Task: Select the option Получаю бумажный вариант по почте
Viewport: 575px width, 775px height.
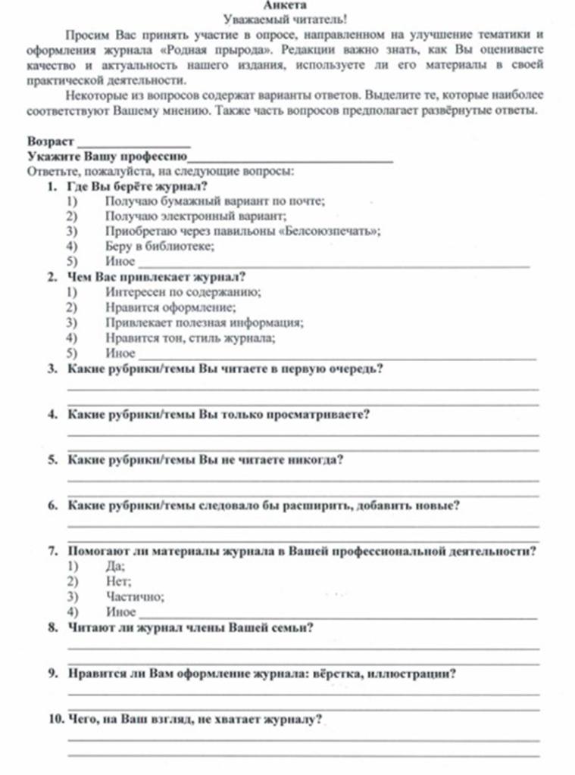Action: click(215, 201)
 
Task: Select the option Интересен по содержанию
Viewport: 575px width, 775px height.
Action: click(183, 292)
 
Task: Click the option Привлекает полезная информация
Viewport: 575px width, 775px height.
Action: click(205, 323)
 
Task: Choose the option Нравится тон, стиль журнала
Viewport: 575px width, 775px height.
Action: click(190, 338)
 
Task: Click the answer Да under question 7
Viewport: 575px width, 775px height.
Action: click(115, 566)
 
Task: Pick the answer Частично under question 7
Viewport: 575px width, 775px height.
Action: click(135, 596)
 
